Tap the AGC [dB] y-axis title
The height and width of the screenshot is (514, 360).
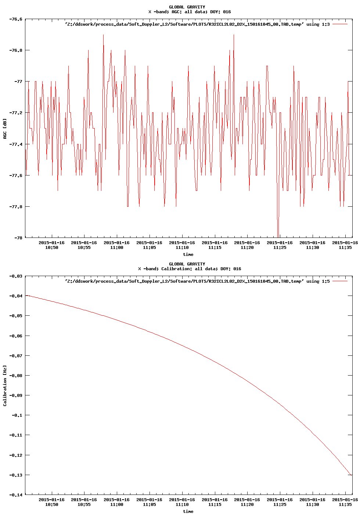(5, 128)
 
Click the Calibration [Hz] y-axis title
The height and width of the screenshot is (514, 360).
(5, 385)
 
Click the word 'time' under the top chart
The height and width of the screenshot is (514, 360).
(188, 254)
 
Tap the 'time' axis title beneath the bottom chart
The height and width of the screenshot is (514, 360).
(188, 511)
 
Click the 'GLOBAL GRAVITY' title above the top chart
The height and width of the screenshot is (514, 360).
(187, 7)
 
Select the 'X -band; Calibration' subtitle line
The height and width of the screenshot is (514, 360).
(190, 269)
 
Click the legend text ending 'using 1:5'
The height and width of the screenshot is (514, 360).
(197, 281)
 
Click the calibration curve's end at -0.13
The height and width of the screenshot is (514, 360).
(352, 475)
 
